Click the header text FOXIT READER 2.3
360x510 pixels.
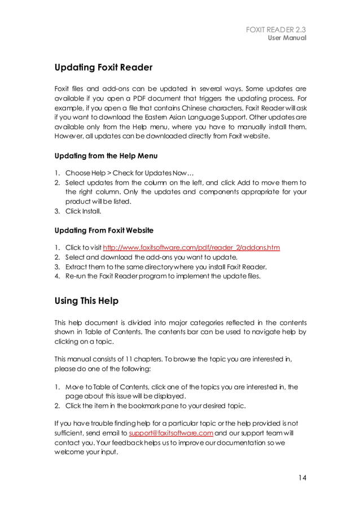pos(276,29)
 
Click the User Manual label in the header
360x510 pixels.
pos(287,38)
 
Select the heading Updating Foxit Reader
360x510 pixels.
pos(103,68)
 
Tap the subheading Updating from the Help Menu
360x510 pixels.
pos(106,156)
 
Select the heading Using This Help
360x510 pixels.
pos(86,300)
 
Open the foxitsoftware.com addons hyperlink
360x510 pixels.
pos(191,247)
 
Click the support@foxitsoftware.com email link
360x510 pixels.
pos(171,433)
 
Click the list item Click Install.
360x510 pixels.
pos(84,211)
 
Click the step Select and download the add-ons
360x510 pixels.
pos(150,257)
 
